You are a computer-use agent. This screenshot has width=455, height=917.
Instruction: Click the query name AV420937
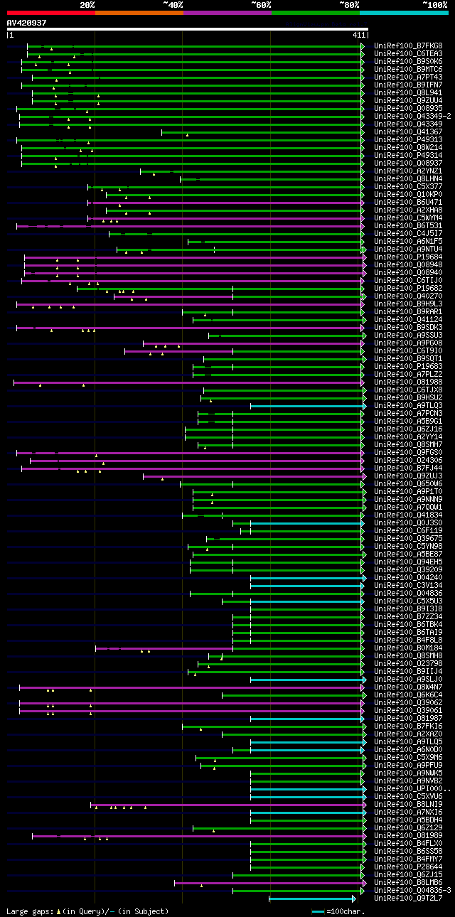[x=26, y=23]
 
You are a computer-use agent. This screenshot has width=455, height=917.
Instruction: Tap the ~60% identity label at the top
[x=261, y=4]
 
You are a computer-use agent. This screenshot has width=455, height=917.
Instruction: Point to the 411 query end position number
[x=358, y=35]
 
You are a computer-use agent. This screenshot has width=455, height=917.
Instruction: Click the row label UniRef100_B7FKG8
[x=408, y=46]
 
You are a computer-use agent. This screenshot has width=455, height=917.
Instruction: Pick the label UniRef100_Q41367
[x=408, y=132]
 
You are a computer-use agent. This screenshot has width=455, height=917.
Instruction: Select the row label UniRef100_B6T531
[x=408, y=226]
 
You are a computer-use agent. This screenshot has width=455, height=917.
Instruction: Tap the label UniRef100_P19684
[x=408, y=257]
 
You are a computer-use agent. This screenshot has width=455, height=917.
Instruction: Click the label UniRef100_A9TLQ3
[x=408, y=406]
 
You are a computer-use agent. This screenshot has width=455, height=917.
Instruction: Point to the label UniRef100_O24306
[x=408, y=461]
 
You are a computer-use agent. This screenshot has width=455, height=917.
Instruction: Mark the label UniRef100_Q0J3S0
[x=408, y=523]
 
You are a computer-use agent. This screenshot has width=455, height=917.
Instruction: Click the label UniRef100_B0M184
[x=408, y=648]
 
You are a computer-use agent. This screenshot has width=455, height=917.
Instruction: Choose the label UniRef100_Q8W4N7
[x=408, y=687]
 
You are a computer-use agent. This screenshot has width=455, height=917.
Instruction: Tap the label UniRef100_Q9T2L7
[x=408, y=899]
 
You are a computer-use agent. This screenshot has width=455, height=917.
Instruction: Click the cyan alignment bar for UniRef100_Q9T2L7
[x=311, y=899]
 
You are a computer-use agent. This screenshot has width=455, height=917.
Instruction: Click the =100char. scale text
[x=345, y=911]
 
